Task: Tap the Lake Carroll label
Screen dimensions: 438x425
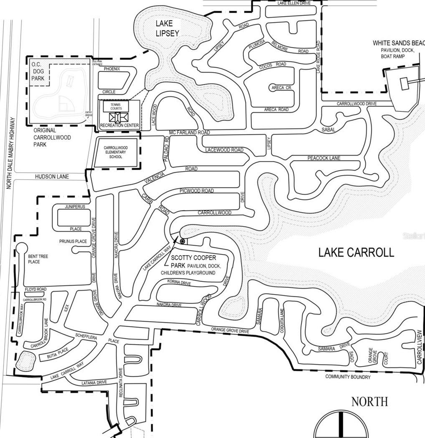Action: coord(356,252)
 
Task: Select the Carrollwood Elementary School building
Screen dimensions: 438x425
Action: coord(116,153)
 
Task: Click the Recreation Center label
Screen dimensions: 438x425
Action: coord(119,125)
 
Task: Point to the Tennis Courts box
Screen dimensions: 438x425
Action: coord(116,106)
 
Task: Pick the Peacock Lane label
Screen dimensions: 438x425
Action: coord(324,158)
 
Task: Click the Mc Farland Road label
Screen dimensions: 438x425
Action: coord(189,133)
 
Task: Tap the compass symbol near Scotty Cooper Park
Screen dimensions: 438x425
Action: coord(182,242)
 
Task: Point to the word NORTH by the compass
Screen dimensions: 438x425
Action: coord(369,402)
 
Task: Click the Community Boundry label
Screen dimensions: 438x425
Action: coord(348,377)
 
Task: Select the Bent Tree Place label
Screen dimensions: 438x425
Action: coord(38,259)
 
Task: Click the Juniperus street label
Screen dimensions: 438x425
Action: coord(75,206)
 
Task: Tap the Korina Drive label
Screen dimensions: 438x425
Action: coord(179,283)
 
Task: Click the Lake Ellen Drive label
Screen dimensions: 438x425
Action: coord(294,3)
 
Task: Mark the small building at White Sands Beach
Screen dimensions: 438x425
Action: coord(404,83)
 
